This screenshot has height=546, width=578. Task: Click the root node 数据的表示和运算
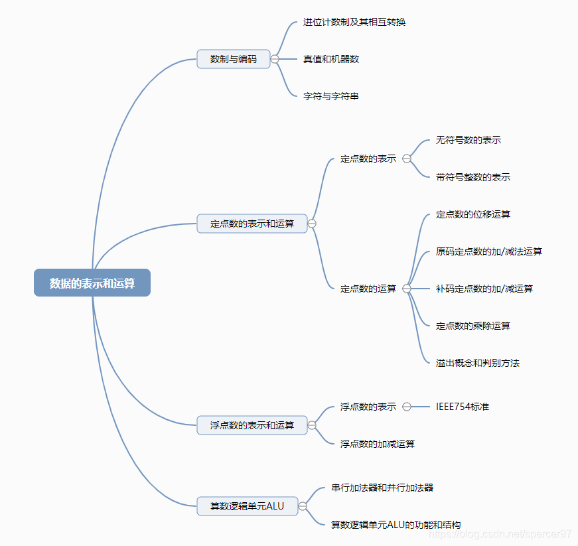[92, 283]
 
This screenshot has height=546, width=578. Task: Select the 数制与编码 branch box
[234, 59]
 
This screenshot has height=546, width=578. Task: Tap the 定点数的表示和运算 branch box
[252, 224]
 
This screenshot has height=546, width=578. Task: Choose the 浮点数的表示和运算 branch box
[252, 425]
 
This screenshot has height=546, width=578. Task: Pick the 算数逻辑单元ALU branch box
[247, 506]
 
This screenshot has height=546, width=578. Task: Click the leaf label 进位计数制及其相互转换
[354, 22]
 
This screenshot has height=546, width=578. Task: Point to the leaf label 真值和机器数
[331, 59]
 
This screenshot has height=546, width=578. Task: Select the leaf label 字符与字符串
[331, 96]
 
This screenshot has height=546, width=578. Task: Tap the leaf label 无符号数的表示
[469, 140]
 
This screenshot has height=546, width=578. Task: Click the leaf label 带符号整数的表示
[473, 177]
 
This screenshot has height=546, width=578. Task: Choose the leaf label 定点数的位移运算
[473, 214]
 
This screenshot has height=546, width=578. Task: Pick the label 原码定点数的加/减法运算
[489, 251]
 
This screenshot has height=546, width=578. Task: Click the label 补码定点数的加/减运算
[484, 289]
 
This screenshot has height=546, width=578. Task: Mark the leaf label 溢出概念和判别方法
[478, 363]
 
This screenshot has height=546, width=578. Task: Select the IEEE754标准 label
[463, 407]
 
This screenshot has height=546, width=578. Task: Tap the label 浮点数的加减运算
[378, 444]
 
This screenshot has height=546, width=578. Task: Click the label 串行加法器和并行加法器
[382, 488]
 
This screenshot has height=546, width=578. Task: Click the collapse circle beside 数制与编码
[275, 59]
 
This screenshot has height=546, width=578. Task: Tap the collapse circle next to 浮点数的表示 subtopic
[407, 407]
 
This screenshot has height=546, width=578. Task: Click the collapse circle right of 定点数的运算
[407, 289]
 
